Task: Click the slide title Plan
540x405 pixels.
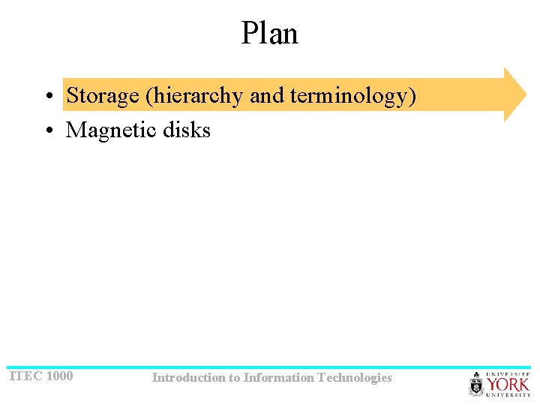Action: (x=269, y=34)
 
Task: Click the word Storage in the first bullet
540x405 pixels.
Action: (x=103, y=96)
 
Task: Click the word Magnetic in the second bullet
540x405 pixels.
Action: (x=112, y=130)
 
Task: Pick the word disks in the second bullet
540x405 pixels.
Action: (x=187, y=130)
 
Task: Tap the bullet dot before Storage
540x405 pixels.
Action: (x=47, y=97)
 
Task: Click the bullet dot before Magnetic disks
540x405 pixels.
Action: (x=47, y=130)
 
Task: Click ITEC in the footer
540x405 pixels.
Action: (x=25, y=376)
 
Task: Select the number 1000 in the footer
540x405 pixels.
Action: (x=59, y=376)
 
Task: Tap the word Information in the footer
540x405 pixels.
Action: (x=278, y=378)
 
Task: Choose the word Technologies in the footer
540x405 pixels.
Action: (x=355, y=378)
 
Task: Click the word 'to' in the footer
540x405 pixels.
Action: (x=235, y=378)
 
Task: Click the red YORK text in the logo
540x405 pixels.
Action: (x=508, y=385)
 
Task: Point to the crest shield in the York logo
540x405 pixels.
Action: (x=477, y=385)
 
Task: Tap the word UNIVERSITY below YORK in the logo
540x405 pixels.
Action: (x=508, y=394)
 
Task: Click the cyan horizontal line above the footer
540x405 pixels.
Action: (x=270, y=367)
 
